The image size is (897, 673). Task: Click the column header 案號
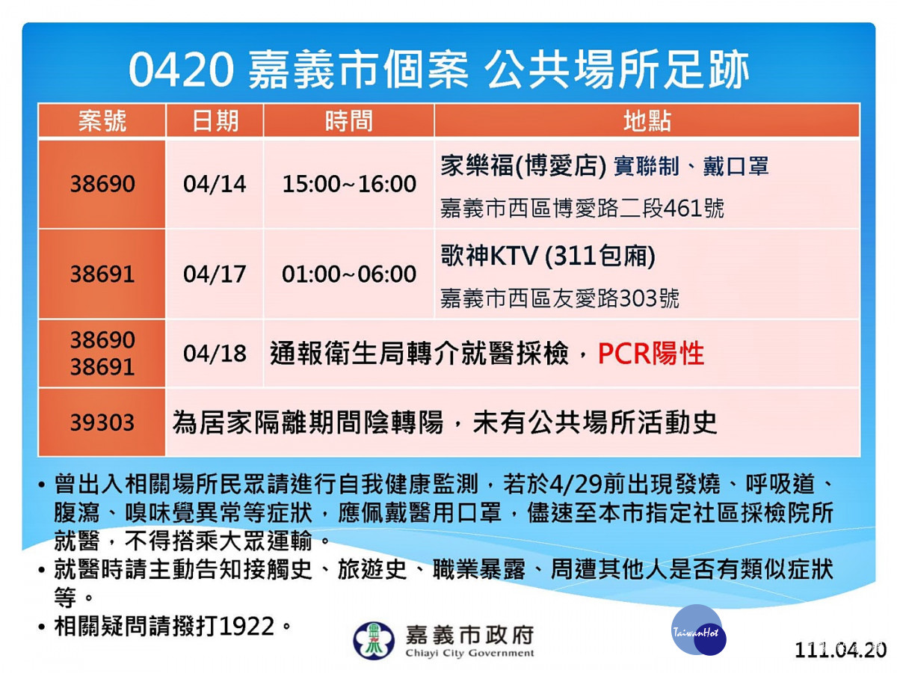point(102,121)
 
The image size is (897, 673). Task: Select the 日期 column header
point(215,121)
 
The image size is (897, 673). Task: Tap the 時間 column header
point(348,121)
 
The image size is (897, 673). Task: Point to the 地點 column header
point(647,121)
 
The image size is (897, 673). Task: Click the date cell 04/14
point(215,184)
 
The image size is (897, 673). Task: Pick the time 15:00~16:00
point(349,184)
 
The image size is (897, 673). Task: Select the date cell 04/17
point(215,274)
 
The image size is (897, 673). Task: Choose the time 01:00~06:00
point(349,274)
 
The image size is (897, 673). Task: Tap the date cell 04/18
point(215,354)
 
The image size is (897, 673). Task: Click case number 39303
point(102,422)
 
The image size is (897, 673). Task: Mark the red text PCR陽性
point(650,354)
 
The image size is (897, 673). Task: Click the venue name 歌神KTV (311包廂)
point(548,256)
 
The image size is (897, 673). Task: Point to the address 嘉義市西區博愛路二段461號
point(582,209)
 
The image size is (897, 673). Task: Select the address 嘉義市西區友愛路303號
point(559,298)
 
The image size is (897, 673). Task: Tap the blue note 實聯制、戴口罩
point(691,167)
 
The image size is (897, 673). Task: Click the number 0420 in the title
point(182,70)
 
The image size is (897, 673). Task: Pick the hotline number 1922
point(246,627)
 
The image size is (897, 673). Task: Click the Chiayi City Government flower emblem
point(374,640)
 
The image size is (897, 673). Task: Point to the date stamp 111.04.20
point(840,650)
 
